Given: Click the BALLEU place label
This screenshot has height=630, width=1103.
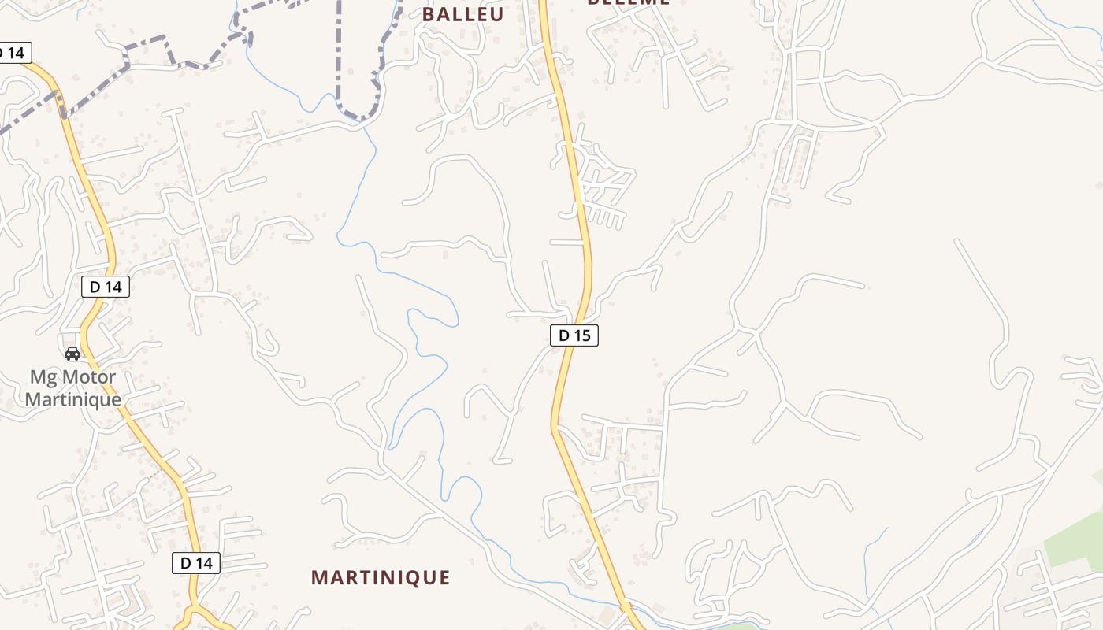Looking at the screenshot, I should (462, 14).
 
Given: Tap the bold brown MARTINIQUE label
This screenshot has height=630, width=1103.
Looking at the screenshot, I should (381, 577).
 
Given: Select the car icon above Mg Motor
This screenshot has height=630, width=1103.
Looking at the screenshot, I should (72, 354).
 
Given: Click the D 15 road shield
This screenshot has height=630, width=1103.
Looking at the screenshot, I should (574, 335).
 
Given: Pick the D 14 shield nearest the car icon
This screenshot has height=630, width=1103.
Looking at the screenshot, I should (105, 287).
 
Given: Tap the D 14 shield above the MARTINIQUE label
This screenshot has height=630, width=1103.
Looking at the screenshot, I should (195, 563).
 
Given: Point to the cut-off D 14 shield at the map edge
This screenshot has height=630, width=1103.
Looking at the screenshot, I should (13, 53).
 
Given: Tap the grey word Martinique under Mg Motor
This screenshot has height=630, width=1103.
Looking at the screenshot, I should (72, 398).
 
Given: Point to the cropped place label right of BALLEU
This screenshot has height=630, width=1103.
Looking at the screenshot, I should (628, 2).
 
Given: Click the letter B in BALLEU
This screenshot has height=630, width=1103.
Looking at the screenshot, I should (429, 14).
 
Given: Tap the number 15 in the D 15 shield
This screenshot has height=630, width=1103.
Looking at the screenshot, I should (581, 335).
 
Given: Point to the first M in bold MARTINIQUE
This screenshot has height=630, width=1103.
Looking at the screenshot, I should (319, 577).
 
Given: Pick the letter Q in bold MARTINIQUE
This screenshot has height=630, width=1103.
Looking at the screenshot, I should (411, 577).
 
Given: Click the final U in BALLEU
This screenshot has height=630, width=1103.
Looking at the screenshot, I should (496, 14).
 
